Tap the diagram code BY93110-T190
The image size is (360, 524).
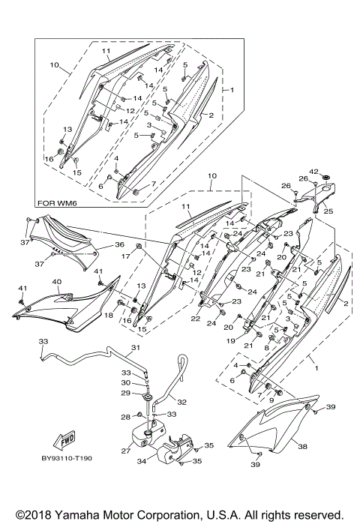(67, 458)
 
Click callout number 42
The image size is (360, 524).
(313, 172)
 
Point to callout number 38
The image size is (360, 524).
(302, 446)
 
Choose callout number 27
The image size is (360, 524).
(126, 451)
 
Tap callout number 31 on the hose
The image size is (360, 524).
(136, 348)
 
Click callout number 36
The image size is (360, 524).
(119, 244)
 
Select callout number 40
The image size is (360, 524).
(57, 282)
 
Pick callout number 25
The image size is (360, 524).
(329, 211)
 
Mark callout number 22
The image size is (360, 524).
(196, 319)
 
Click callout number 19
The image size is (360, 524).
(231, 341)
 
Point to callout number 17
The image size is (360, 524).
(125, 256)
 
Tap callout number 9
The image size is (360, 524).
(271, 400)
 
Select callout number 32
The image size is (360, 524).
(181, 402)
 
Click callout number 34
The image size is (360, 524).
(142, 462)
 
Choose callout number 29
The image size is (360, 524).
(126, 393)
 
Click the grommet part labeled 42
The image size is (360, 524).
(325, 176)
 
